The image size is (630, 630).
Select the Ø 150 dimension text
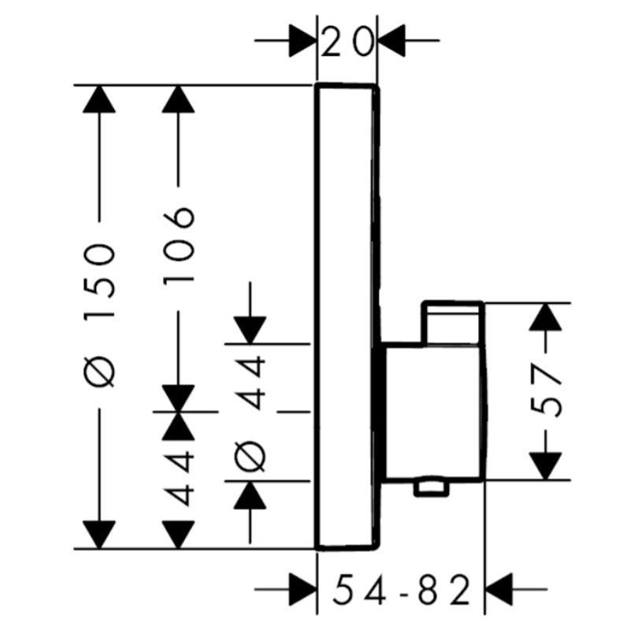pyautogui.click(x=99, y=315)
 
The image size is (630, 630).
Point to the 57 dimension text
pyautogui.click(x=546, y=391)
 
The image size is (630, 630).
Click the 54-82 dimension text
pyautogui.click(x=402, y=590)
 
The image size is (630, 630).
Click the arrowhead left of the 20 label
pyautogui.click(x=303, y=41)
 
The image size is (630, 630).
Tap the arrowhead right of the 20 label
pyautogui.click(x=391, y=41)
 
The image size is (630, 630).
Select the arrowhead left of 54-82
pyautogui.click(x=303, y=589)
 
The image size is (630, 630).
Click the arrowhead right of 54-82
pyautogui.click(x=499, y=589)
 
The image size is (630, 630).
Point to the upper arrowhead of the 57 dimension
pyautogui.click(x=545, y=317)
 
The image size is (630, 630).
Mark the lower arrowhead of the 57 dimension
pyautogui.click(x=545, y=465)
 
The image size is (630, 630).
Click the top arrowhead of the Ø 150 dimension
pyautogui.click(x=99, y=99)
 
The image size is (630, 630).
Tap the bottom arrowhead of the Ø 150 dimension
pyautogui.click(x=99, y=535)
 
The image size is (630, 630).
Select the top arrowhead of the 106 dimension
pyautogui.click(x=179, y=99)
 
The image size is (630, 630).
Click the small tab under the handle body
pyautogui.click(x=431, y=487)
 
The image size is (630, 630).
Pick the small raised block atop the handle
pyautogui.click(x=452, y=323)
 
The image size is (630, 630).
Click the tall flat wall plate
pyautogui.click(x=347, y=317)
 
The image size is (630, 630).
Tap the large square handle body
pyautogui.click(x=433, y=412)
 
